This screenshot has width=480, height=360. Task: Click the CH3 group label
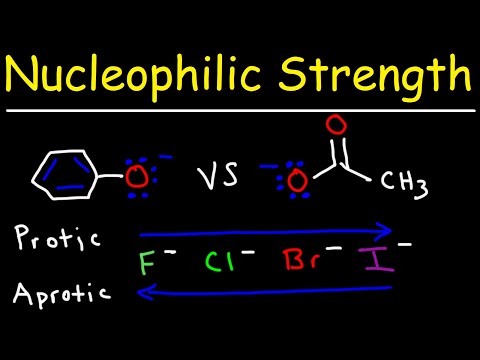(x=410, y=182)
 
